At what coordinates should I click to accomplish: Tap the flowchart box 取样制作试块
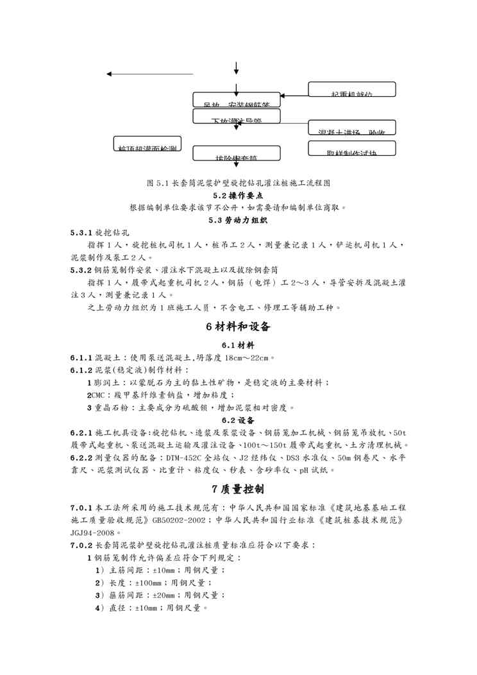tap(352, 148)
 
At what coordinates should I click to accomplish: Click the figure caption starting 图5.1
tap(238, 183)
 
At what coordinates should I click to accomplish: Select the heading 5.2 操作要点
tap(238, 195)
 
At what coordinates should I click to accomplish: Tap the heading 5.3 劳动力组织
tap(238, 220)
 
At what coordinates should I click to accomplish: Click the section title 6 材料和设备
tap(238, 326)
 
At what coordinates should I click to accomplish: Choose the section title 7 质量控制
tap(238, 490)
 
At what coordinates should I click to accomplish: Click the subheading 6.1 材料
tap(238, 345)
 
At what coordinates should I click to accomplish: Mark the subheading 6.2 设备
tap(238, 420)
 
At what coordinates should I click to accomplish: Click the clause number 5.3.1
tap(81, 233)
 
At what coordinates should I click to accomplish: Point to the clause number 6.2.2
tap(81, 457)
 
